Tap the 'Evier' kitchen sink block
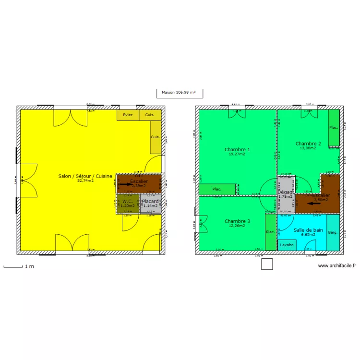tap(128, 115)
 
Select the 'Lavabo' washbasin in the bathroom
tap(287, 245)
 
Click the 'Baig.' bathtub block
tap(333, 232)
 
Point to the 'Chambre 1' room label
tap(237, 149)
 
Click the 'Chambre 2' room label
tap(308, 144)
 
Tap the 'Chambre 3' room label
tap(237, 221)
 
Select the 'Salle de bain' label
tap(308, 230)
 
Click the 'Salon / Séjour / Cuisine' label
tap(85, 176)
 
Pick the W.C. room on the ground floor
tap(127, 204)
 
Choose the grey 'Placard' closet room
tap(151, 204)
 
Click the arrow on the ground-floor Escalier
tap(126, 184)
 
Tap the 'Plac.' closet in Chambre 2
tap(334, 128)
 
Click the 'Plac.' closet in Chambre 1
tap(217, 189)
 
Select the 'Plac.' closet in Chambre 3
tap(271, 232)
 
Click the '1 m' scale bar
tap(13, 266)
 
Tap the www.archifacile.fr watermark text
tap(337, 265)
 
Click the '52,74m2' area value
tap(85, 181)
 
